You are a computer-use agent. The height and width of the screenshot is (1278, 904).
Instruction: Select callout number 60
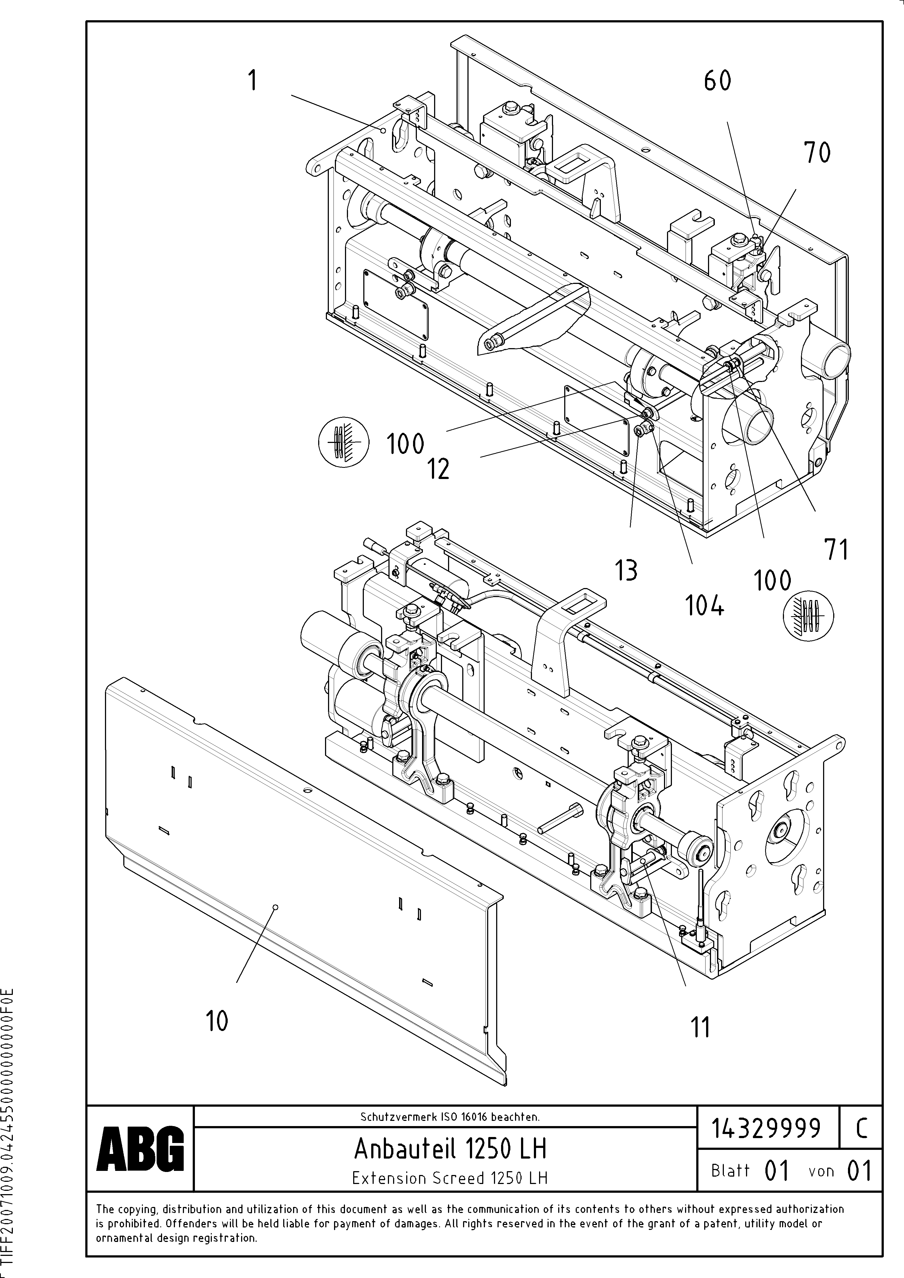click(717, 81)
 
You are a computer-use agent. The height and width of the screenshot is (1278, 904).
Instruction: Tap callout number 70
click(817, 153)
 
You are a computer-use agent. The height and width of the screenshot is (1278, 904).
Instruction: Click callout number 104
click(705, 606)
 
